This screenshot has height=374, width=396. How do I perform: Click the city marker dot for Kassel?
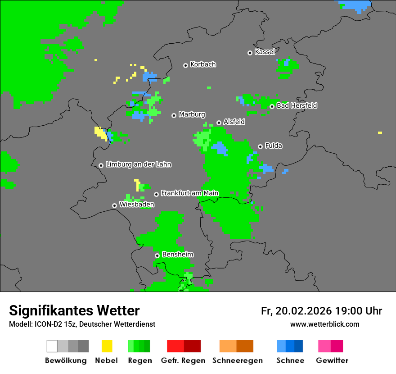pyautogui.click(x=250, y=53)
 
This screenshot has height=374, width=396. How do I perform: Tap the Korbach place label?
pyautogui.click(x=203, y=64)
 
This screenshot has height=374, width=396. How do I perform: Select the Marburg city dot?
pyautogui.click(x=174, y=115)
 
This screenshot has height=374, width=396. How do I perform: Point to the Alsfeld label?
pyautogui.click(x=234, y=122)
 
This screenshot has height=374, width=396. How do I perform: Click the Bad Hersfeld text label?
pyautogui.click(x=297, y=105)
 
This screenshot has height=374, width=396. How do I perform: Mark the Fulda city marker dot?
pyautogui.click(x=260, y=146)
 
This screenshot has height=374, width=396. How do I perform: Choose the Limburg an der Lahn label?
pyautogui.click(x=138, y=164)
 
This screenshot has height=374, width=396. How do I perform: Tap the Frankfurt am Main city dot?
pyautogui.click(x=156, y=194)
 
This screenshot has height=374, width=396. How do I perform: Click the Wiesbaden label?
pyautogui.click(x=137, y=205)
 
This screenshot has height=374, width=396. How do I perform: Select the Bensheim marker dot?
pyautogui.click(x=157, y=255)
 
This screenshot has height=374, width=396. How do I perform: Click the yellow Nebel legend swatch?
pyautogui.click(x=107, y=346)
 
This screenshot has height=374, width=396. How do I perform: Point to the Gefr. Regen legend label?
pyautogui.click(x=183, y=360)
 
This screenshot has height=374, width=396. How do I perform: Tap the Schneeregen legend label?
pyautogui.click(x=237, y=360)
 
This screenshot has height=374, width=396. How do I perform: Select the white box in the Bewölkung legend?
pyautogui.click(x=52, y=346)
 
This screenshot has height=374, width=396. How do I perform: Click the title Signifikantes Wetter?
pyautogui.click(x=74, y=310)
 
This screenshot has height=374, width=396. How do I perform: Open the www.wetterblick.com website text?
pyautogui.click(x=324, y=324)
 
